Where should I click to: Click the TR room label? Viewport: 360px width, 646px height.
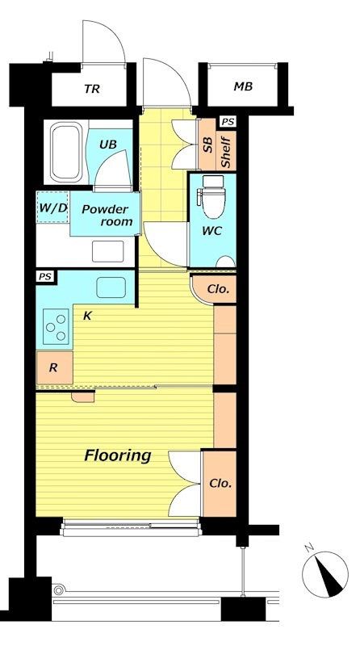[92, 89]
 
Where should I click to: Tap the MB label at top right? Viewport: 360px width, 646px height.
[243, 86]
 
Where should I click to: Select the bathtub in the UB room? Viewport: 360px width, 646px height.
[65, 152]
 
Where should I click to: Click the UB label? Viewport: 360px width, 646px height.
[108, 145]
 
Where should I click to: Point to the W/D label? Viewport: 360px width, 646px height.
[52, 208]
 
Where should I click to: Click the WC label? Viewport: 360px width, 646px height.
[211, 231]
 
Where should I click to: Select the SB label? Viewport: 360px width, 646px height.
[207, 145]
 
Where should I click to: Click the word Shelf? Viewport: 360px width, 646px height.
[226, 152]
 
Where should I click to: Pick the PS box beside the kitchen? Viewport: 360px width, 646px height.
[45, 276]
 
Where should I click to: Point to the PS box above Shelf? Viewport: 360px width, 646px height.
[228, 122]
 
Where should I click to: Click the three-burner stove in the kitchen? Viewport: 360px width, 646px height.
[56, 326]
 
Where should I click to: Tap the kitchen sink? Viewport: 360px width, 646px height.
[111, 287]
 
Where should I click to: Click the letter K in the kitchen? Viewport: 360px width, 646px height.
[87, 316]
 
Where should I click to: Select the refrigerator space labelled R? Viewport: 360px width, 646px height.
[54, 368]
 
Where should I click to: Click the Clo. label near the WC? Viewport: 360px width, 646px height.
[218, 289]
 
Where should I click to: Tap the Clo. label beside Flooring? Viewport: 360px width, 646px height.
[220, 483]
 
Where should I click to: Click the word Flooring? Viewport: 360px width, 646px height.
[117, 455]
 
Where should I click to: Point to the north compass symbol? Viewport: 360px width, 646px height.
[325, 574]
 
